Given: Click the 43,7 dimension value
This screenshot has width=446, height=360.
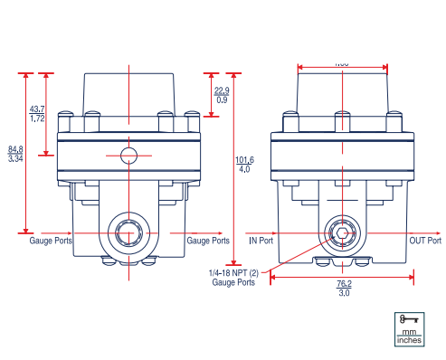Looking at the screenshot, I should pyautogui.click(x=38, y=109).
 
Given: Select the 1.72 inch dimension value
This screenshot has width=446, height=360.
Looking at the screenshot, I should pyautogui.click(x=38, y=118).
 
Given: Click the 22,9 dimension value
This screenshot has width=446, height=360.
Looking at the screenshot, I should pyautogui.click(x=222, y=90).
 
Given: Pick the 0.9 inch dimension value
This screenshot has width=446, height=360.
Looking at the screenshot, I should pyautogui.click(x=222, y=99).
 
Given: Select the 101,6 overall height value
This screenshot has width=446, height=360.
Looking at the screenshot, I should pyautogui.click(x=245, y=159).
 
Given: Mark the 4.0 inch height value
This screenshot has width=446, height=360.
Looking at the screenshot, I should pyautogui.click(x=245, y=169).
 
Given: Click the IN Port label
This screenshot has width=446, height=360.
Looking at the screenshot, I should pyautogui.click(x=261, y=241).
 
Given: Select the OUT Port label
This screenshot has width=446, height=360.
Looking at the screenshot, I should pyautogui.click(x=424, y=241).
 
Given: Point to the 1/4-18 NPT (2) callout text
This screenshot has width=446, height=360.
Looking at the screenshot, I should pyautogui.click(x=233, y=273).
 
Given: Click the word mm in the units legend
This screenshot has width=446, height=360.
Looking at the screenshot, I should pyautogui.click(x=408, y=332).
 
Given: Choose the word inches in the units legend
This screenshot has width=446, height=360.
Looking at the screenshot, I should pyautogui.click(x=408, y=341).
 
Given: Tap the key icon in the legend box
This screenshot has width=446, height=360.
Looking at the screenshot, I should pyautogui.click(x=408, y=319).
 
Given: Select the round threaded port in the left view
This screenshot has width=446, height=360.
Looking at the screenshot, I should pyautogui.click(x=128, y=232).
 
